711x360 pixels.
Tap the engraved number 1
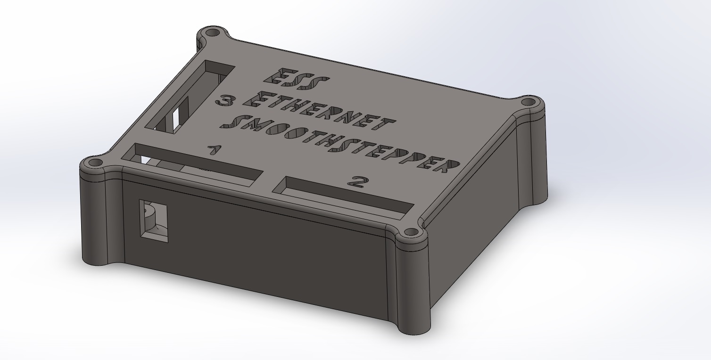coord(215,150)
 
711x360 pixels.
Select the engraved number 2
coord(358,182)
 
